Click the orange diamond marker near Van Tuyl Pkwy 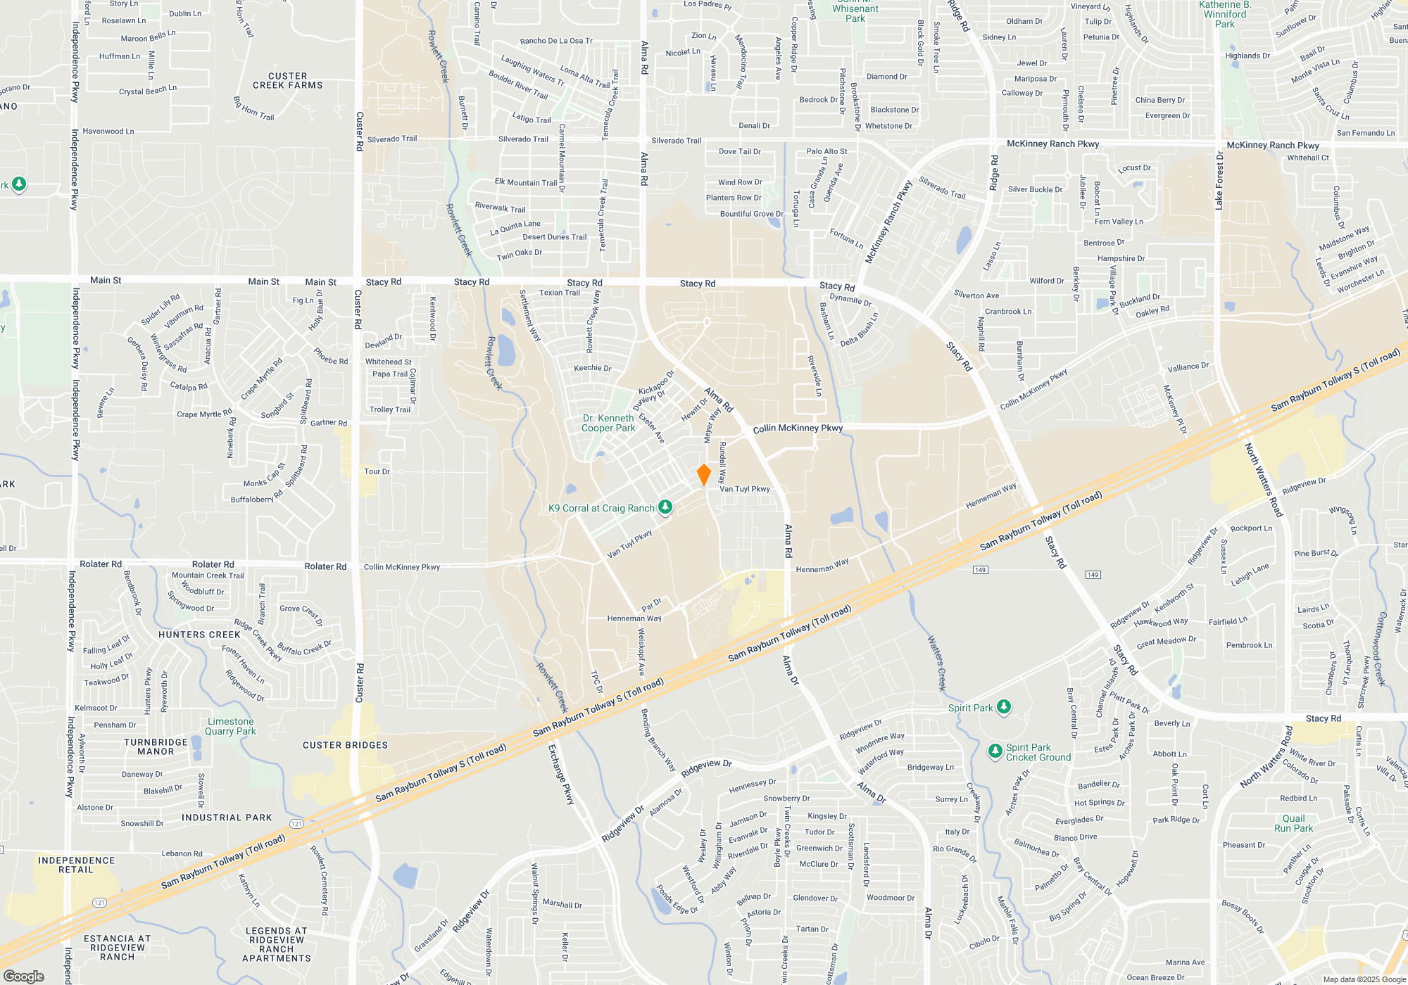click(703, 475)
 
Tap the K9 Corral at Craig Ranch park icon click(665, 507)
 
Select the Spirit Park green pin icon click(1004, 707)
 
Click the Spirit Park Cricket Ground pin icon click(995, 751)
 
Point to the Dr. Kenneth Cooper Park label click(608, 423)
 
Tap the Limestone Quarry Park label click(230, 726)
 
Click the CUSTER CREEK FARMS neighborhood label click(288, 81)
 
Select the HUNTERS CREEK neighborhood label click(199, 635)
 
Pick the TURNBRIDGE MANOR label click(156, 746)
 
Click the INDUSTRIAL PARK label click(227, 818)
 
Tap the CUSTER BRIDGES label click(345, 745)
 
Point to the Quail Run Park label click(1293, 823)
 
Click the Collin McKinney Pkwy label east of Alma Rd click(798, 428)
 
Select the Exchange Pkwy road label click(561, 774)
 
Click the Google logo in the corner click(24, 976)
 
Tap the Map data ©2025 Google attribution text click(1364, 979)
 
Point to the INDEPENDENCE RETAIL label click(76, 865)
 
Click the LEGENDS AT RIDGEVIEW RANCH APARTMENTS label click(277, 944)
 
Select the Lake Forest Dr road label click(1219, 180)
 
